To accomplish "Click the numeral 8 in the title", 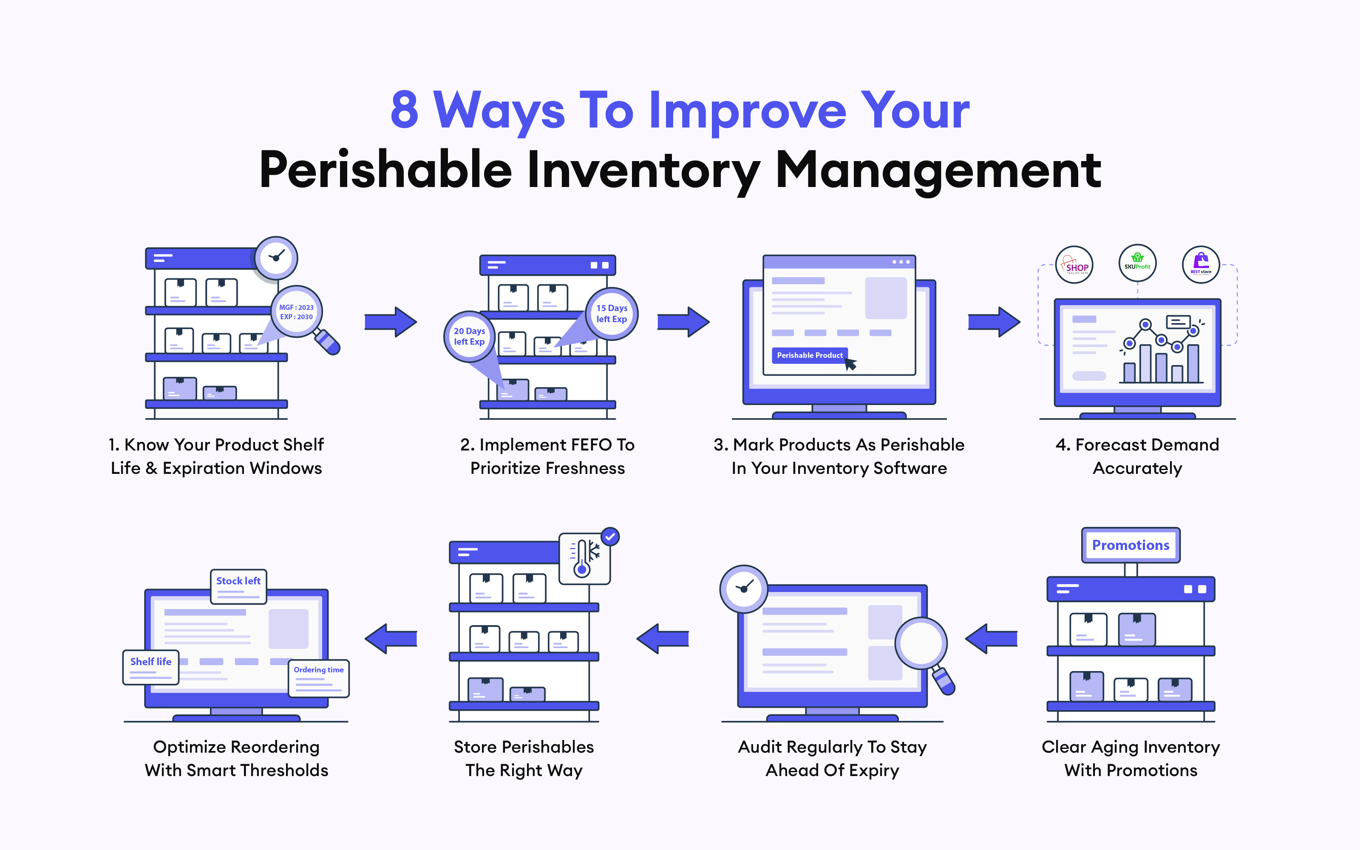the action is tap(405, 110).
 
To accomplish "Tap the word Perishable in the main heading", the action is tap(385, 170).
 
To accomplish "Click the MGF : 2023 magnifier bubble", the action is tap(297, 312).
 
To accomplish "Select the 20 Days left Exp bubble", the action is tap(469, 336).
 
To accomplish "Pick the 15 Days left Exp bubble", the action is tap(612, 314).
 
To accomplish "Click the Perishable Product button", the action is tap(810, 355).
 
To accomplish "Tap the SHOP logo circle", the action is tap(1074, 265).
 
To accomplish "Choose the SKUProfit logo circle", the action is tap(1137, 263).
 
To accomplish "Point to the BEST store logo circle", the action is tap(1201, 265).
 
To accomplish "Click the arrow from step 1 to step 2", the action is tap(391, 322).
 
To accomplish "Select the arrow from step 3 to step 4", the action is tap(994, 322).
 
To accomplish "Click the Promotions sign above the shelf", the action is tap(1130, 545).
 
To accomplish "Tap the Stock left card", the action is tap(238, 586).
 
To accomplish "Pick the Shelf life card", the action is tap(150, 667).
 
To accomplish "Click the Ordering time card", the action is tap(319, 679).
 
